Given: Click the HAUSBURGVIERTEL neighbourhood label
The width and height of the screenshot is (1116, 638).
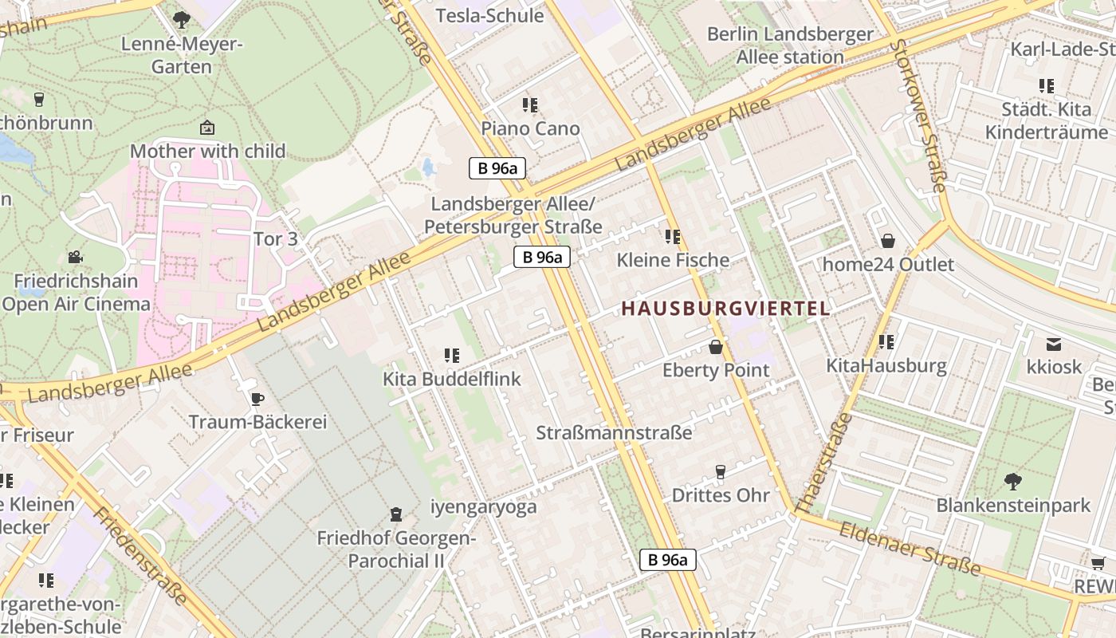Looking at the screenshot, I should tap(725, 309).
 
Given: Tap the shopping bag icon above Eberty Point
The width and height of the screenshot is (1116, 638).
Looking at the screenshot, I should tap(716, 347).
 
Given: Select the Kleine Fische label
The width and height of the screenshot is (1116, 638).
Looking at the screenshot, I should tap(673, 260).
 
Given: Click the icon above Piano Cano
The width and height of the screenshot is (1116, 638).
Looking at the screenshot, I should tap(530, 105).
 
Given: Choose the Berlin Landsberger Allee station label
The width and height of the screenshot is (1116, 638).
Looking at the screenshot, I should tap(790, 45).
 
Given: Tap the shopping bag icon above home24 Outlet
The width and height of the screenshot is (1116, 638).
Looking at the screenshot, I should tap(887, 241).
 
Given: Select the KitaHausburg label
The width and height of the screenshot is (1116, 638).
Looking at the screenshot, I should tap(886, 366).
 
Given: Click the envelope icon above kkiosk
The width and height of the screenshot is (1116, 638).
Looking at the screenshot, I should tap(1054, 345).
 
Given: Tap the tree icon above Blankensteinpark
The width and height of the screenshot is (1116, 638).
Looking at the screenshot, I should tap(1012, 481).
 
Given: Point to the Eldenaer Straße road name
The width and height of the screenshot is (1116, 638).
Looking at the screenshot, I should tap(909, 548).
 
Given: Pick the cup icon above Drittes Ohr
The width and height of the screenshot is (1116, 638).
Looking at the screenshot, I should tap(721, 472).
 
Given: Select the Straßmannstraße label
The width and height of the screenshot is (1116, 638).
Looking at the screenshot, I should tap(614, 433).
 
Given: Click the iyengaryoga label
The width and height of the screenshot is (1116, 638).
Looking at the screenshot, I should tap(483, 506).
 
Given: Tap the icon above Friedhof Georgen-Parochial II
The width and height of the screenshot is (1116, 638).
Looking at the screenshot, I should tap(395, 515).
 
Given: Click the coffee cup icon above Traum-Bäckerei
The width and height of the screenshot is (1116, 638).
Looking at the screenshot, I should tap(257, 399).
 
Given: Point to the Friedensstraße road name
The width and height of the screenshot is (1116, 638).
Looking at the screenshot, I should tap(140, 555).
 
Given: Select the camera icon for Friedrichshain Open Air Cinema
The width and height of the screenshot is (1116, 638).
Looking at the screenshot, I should tap(75, 257).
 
